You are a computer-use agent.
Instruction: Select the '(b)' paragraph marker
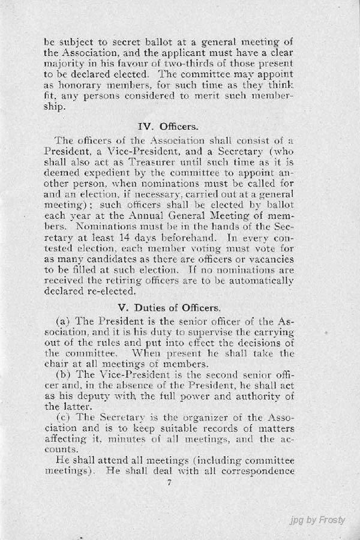coord(64,377)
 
